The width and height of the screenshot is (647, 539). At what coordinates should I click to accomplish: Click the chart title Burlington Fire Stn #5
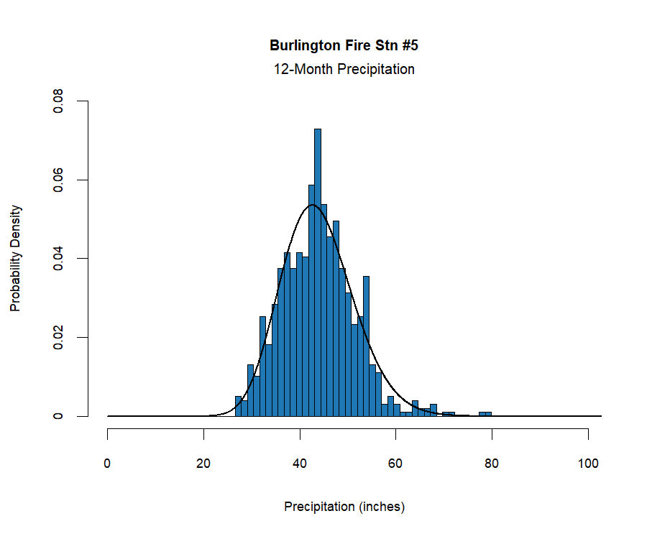coord(344,46)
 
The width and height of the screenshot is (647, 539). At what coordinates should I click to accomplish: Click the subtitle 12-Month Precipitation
coord(344,70)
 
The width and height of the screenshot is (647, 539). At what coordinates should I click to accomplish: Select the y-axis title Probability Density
coord(15,259)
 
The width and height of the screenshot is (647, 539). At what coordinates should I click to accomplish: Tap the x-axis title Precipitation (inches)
coord(344,507)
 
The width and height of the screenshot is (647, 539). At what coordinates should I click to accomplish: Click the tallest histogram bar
coord(318,273)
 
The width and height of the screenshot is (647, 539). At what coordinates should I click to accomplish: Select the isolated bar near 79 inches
coord(486,414)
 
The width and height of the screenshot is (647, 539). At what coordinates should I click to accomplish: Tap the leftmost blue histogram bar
coord(238,406)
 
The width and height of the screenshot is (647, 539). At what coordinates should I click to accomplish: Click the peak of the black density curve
coord(312,206)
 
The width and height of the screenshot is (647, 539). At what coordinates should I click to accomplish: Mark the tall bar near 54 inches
coord(366,346)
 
